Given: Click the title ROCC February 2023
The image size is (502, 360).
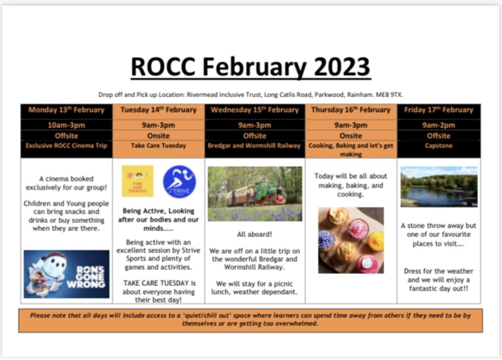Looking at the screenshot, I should click(x=250, y=67).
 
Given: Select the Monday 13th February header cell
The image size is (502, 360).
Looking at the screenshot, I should click(x=66, y=110).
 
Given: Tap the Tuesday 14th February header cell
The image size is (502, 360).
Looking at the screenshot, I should click(x=158, y=110).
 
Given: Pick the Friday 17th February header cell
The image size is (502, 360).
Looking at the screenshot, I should click(x=439, y=110).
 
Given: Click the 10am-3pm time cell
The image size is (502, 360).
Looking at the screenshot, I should click(x=66, y=125).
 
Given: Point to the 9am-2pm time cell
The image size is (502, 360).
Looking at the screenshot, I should click(x=439, y=125).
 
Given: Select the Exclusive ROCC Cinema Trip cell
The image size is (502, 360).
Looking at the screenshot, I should click(x=66, y=146).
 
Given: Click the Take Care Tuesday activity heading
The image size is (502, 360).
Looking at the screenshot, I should click(x=158, y=146).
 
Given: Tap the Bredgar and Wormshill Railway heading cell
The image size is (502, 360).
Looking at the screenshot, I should click(x=255, y=146).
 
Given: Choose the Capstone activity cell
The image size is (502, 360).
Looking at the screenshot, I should click(x=439, y=146).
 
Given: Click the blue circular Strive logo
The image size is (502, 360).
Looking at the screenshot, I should click(x=179, y=182).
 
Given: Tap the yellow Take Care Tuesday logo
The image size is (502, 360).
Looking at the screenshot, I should click(x=137, y=181).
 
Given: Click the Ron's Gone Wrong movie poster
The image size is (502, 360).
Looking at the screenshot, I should click(x=66, y=274).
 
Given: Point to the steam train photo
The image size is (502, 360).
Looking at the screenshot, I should click(x=255, y=194).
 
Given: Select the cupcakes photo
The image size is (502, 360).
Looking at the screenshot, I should click(x=351, y=240).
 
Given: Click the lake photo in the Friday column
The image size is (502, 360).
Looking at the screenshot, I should click(x=439, y=186).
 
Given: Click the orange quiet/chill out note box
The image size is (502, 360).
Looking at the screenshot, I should click(x=250, y=320).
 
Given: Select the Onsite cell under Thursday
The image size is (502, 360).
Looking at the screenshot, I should click(x=351, y=136).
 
